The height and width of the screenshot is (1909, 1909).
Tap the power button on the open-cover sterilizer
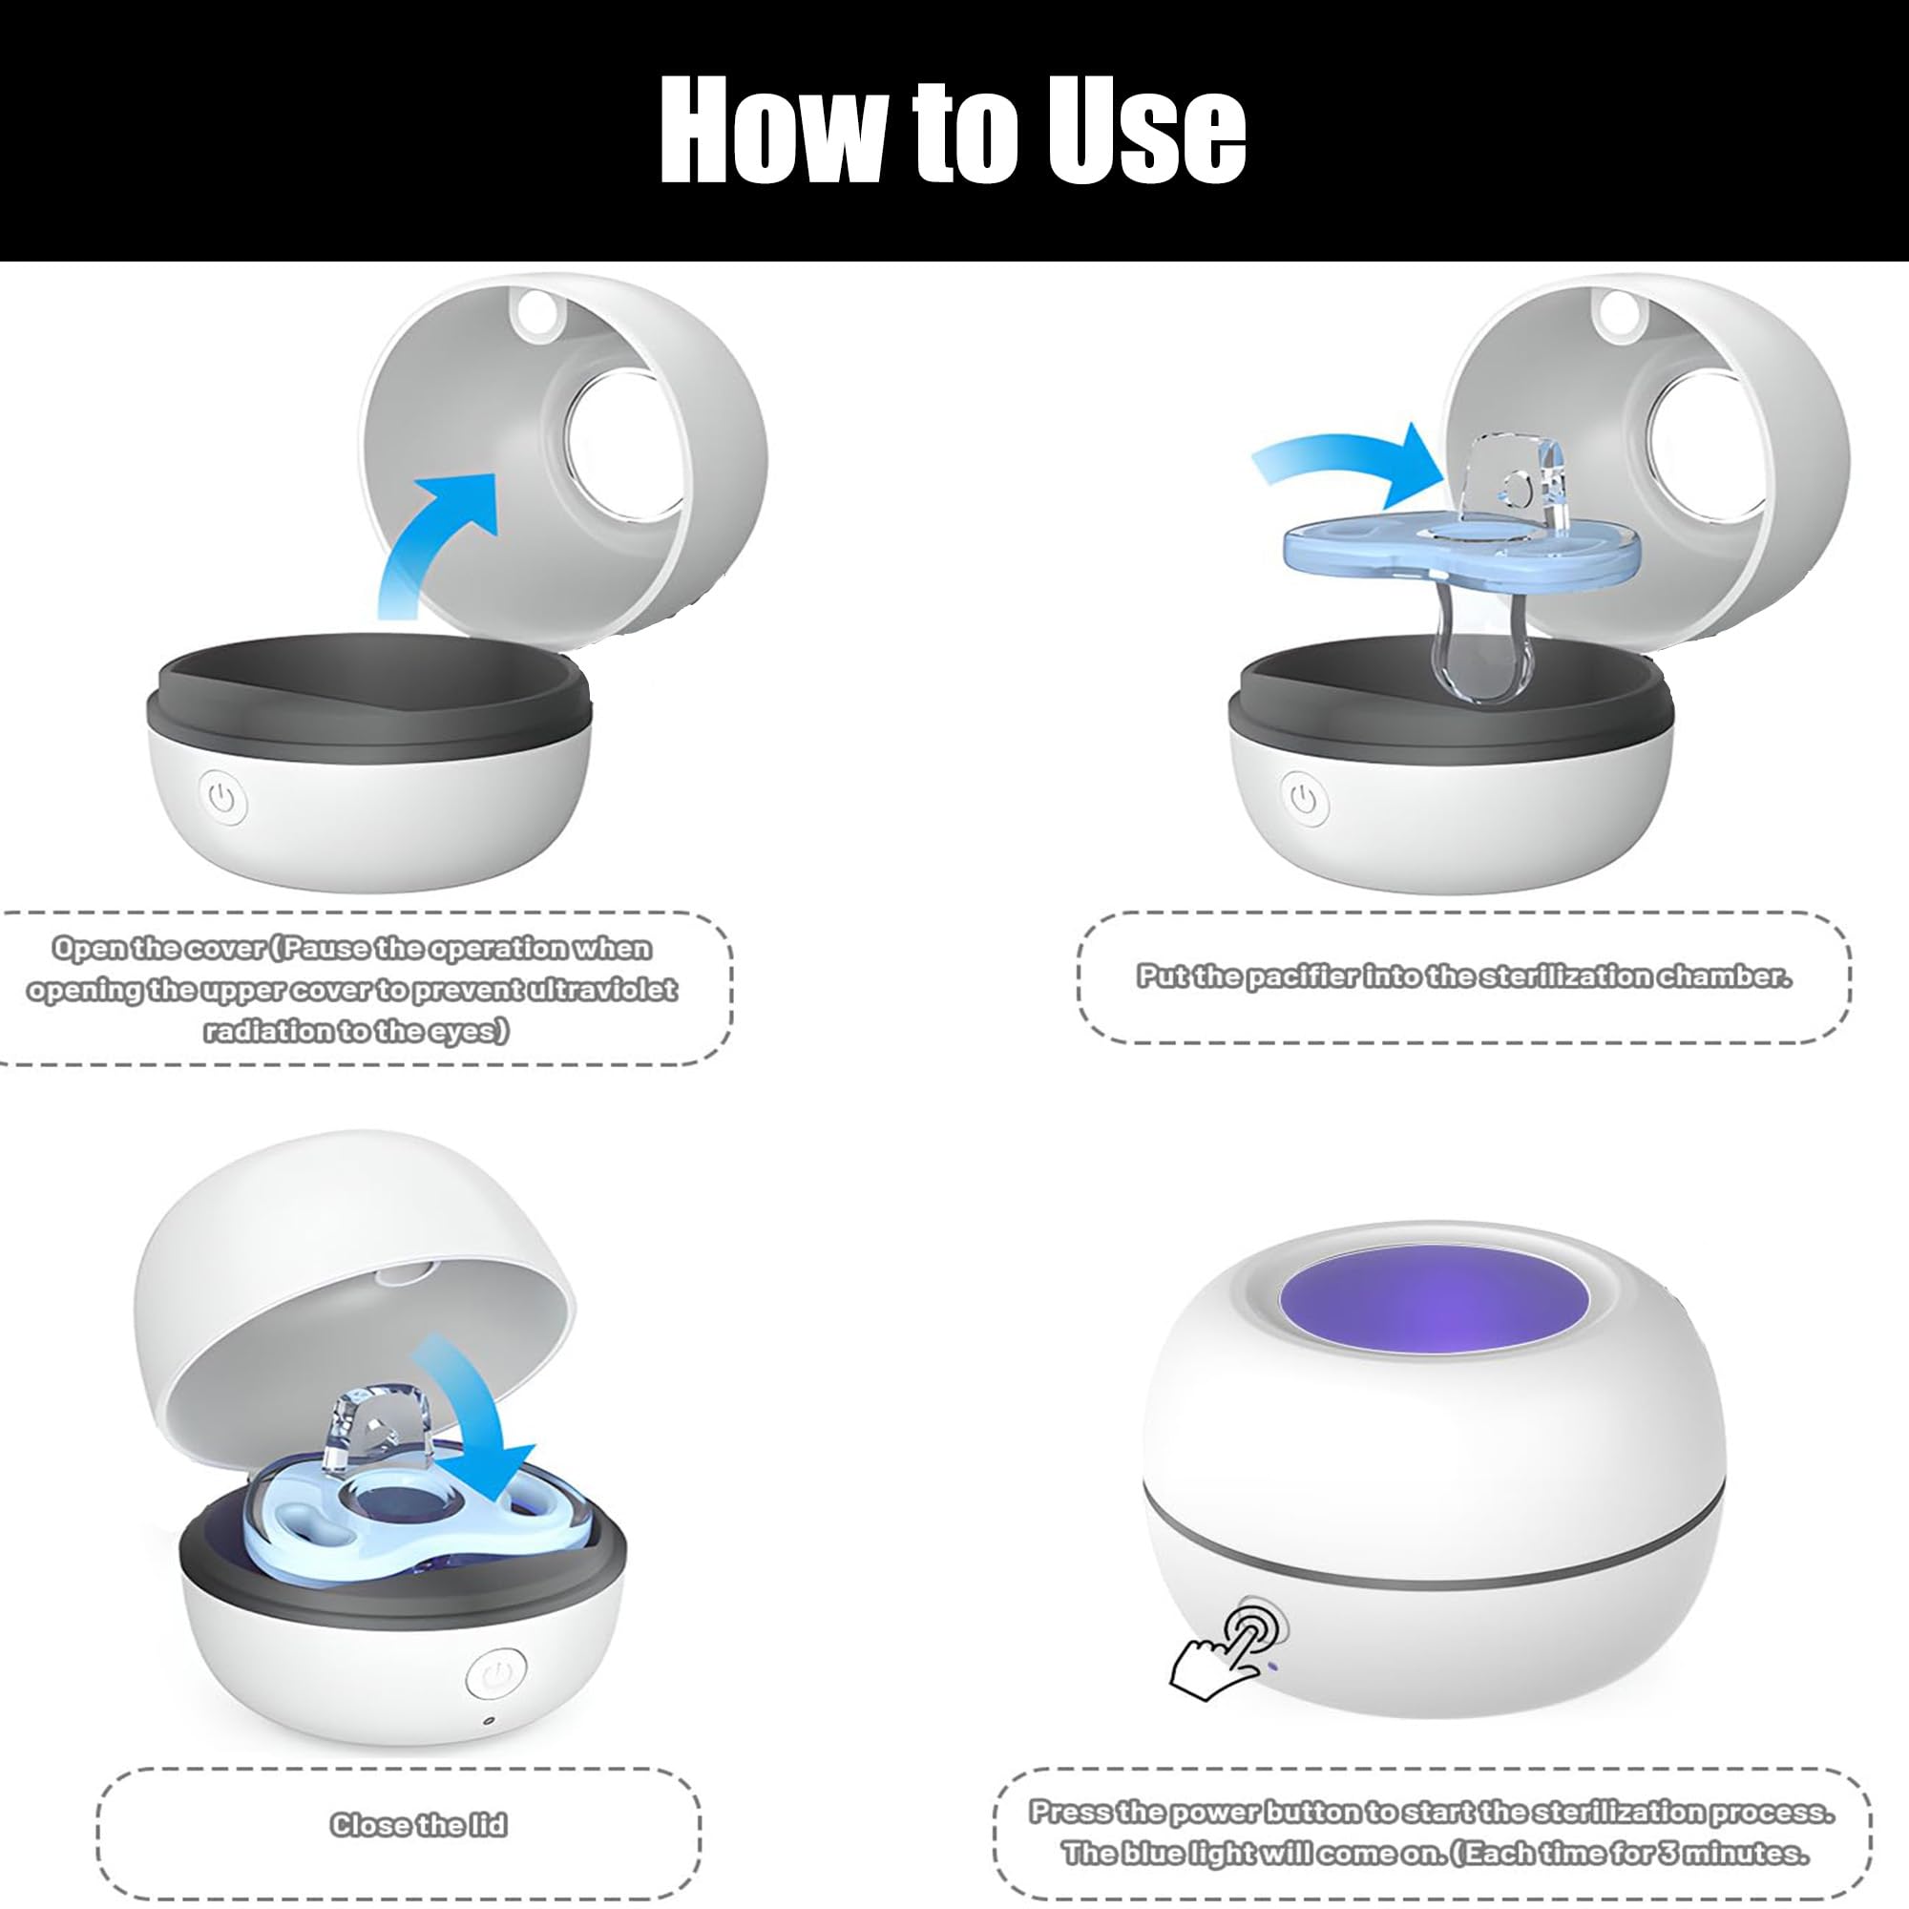pyautogui.click(x=223, y=798)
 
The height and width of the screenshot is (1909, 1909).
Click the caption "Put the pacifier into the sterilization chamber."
pyautogui.click(x=1464, y=976)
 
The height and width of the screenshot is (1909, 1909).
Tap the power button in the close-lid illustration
pyautogui.click(x=495, y=1674)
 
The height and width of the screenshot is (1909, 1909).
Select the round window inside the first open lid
pyautogui.click(x=625, y=445)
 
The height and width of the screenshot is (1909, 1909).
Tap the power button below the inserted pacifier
pyautogui.click(x=1305, y=798)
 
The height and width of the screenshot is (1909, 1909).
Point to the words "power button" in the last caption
pyautogui.click(x=1265, y=1812)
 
